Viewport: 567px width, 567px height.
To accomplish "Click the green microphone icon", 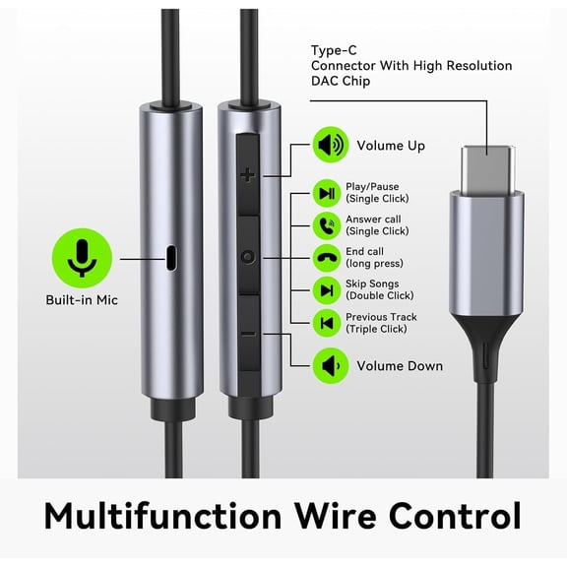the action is [82, 258].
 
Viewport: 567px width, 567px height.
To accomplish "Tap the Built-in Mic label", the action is [82, 300].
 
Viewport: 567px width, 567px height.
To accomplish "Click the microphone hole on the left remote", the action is [171, 258].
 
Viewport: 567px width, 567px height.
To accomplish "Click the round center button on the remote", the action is [248, 257].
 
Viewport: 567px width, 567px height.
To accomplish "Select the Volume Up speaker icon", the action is [330, 145].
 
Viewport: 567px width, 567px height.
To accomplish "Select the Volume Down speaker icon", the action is [330, 365].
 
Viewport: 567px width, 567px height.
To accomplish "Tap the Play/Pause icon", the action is [327, 194].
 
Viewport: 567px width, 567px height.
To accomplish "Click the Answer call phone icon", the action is [327, 226].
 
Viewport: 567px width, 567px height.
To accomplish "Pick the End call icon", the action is [327, 258].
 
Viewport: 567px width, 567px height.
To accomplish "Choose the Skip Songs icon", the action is [327, 290].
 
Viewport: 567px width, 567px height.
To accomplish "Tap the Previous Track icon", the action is [327, 323].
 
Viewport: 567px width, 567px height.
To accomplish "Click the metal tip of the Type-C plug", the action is [488, 169].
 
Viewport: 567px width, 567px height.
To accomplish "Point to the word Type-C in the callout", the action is [334, 50].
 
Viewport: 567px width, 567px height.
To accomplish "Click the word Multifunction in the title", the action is [162, 516].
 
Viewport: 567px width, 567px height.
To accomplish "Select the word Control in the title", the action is [455, 516].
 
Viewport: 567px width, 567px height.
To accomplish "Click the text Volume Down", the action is [400, 366].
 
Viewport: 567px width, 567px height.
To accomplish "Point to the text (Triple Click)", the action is [376, 329].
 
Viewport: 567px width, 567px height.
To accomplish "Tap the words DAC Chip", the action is [341, 81].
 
